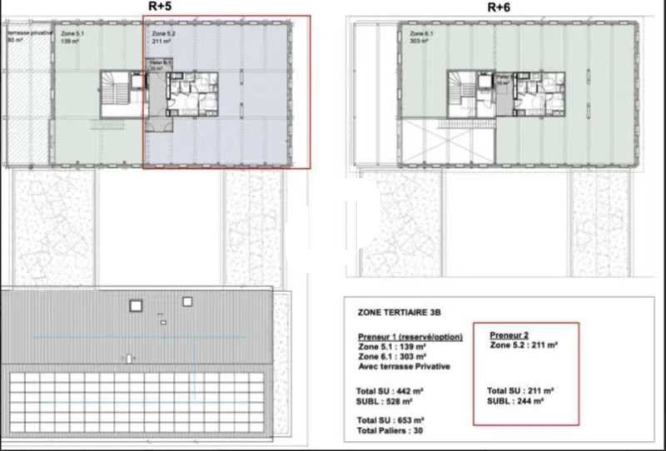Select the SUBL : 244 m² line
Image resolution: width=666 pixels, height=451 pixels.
coord(516,400)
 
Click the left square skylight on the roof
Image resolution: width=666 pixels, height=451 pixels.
coord(136,305)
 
